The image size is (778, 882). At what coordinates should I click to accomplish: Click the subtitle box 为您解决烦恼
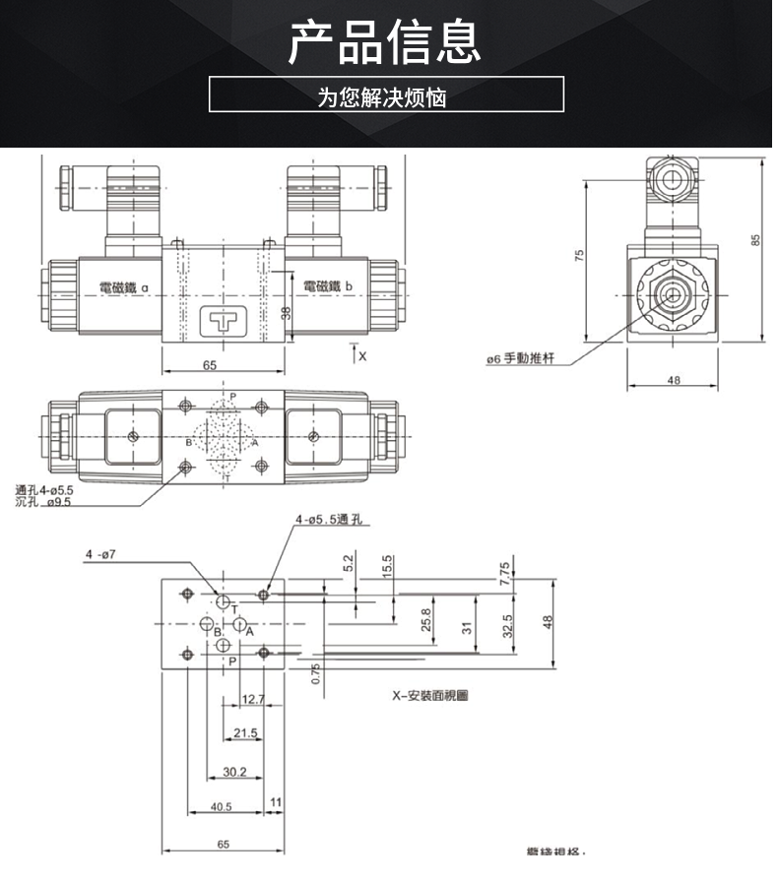coord(386,95)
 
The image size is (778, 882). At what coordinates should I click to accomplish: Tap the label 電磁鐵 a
coord(123,286)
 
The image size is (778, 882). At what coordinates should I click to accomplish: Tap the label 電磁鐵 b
coord(328,285)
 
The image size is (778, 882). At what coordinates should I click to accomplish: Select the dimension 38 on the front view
coord(286,313)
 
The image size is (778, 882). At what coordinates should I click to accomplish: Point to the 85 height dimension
coord(755,241)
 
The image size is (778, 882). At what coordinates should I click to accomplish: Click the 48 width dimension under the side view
coord(674,379)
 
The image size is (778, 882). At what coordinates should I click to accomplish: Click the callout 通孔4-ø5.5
coord(44,489)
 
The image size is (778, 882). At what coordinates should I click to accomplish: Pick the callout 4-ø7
coord(99,554)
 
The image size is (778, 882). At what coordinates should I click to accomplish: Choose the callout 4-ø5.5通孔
coord(330,520)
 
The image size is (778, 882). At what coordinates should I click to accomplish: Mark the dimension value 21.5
coord(246,733)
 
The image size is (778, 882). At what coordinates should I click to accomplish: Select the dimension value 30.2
coord(234,772)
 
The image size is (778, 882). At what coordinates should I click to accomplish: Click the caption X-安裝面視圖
coord(429,695)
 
